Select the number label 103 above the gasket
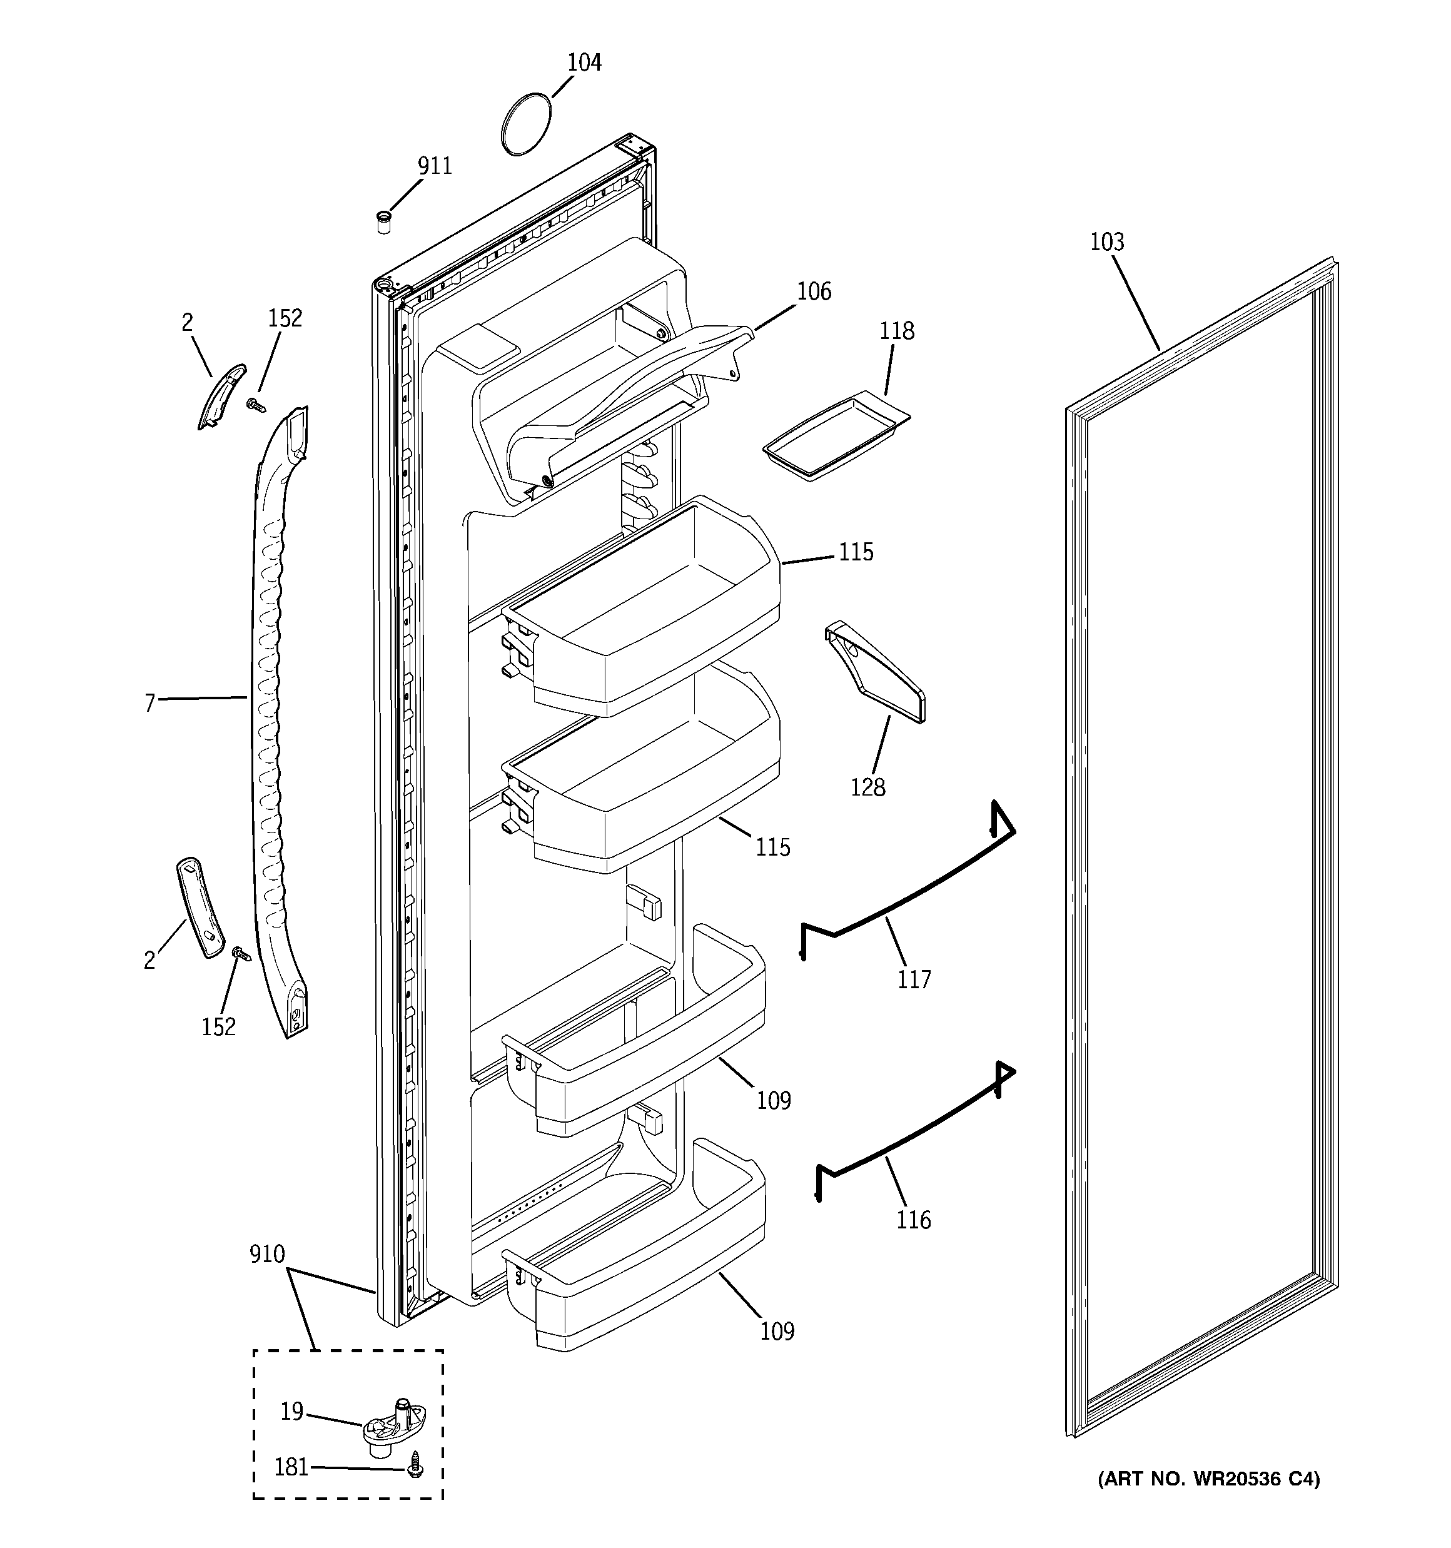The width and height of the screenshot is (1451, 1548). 1107,243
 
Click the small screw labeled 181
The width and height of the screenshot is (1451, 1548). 416,1469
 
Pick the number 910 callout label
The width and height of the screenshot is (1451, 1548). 267,1255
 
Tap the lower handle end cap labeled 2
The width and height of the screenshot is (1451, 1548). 200,906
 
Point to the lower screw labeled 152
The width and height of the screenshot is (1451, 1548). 241,953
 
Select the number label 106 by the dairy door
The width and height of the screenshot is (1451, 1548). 814,292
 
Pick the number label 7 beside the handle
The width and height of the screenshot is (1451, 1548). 150,703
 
